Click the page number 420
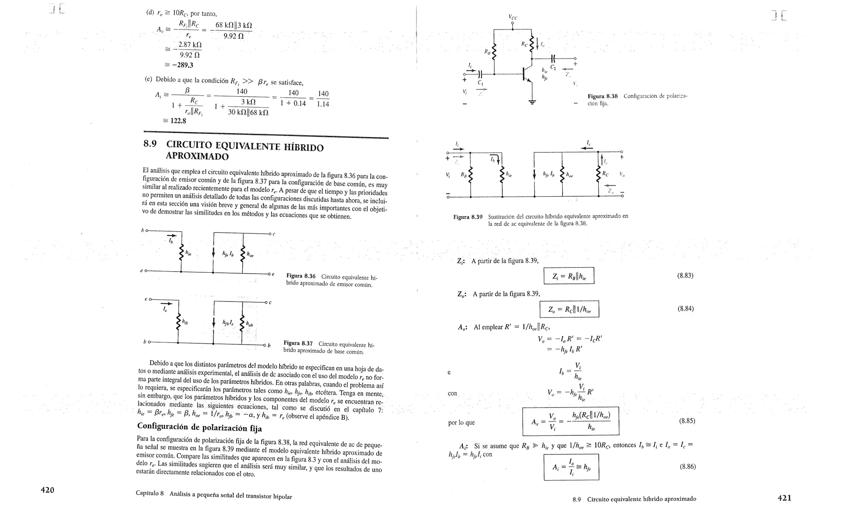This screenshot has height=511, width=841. tap(47, 490)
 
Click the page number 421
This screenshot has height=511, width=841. tap(784, 498)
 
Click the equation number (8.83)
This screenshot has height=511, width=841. tap(685, 276)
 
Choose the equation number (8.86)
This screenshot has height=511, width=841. tap(687, 466)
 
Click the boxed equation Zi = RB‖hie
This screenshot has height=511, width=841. tap(569, 276)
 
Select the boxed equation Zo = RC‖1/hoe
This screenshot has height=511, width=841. tap(569, 309)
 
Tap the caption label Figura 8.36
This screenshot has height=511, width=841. tap(301, 276)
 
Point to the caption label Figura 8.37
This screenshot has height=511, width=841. tap(298, 343)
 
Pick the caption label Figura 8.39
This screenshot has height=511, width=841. tap(468, 216)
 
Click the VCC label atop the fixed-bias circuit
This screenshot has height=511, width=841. tap(513, 17)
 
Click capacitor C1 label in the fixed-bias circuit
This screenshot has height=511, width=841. tap(480, 83)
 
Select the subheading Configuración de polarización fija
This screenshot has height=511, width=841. tap(200, 426)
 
